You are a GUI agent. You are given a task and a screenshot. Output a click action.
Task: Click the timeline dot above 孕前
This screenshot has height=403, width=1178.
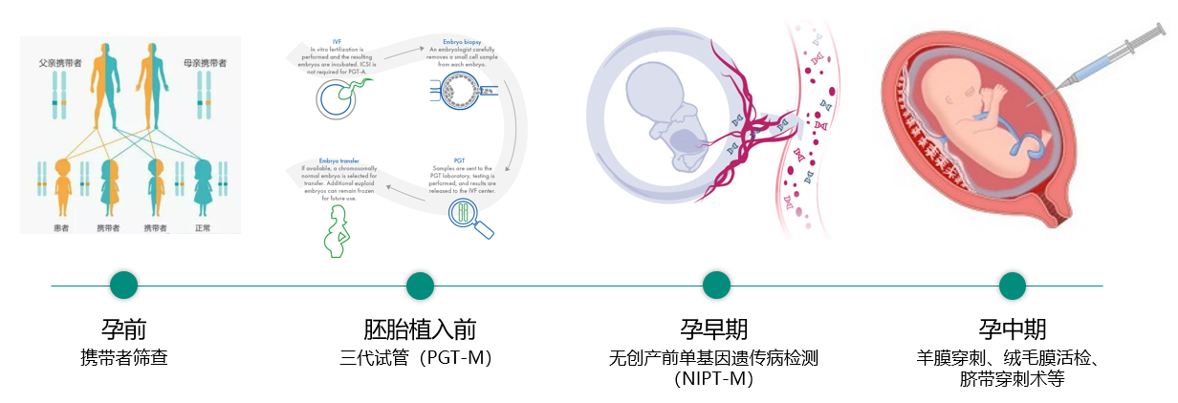pyautogui.click(x=124, y=285)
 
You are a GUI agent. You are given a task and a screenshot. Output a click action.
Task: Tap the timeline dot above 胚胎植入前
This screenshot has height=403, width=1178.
pyautogui.click(x=421, y=285)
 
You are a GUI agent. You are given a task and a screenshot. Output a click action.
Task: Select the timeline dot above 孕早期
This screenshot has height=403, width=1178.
pyautogui.click(x=717, y=285)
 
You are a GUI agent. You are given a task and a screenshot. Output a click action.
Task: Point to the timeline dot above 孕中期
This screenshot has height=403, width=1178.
pyautogui.click(x=1013, y=285)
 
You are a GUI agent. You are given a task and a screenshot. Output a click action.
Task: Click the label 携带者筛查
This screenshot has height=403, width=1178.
pyautogui.click(x=124, y=359)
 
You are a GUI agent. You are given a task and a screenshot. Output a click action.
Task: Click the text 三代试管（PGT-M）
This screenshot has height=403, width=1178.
pyautogui.click(x=421, y=359)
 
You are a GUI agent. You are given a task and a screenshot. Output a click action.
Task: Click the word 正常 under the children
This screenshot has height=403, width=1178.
pyautogui.click(x=203, y=228)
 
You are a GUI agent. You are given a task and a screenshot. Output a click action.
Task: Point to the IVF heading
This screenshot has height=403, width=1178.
pyautogui.click(x=336, y=42)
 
